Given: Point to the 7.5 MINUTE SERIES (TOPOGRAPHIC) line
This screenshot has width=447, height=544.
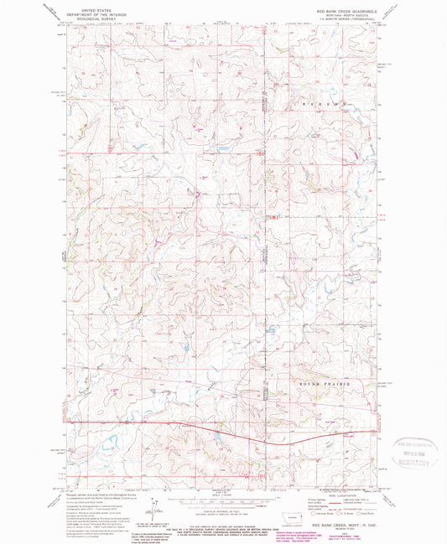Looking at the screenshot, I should (x=348, y=18).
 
